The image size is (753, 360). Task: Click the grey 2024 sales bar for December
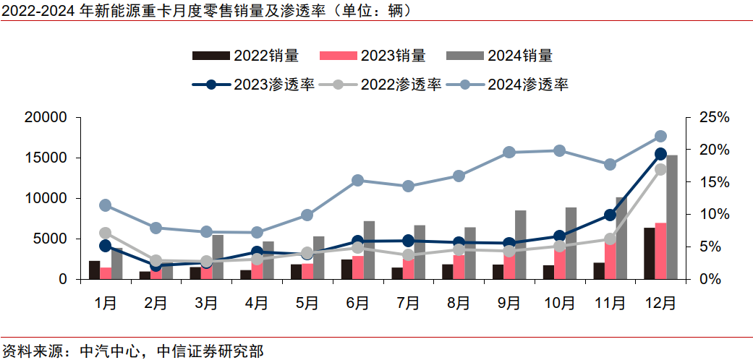(x=672, y=217)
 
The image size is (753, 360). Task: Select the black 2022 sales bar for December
(x=650, y=253)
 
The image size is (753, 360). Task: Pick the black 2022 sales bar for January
(x=94, y=270)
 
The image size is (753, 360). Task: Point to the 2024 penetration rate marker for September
(x=509, y=153)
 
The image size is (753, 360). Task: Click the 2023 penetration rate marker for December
(x=660, y=154)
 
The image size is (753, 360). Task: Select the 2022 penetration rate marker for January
(x=105, y=233)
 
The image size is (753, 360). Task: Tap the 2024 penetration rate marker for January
(x=105, y=205)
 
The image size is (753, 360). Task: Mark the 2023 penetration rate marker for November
(x=610, y=215)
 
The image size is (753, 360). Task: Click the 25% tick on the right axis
(x=712, y=117)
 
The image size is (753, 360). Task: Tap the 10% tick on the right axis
(x=712, y=214)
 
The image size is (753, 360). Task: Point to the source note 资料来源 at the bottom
(x=132, y=351)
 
